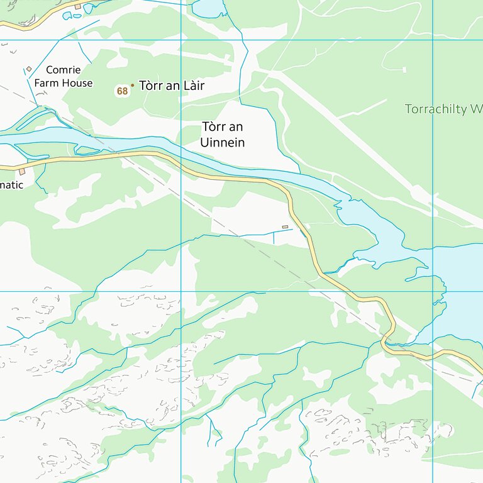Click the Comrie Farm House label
pyautogui.click(x=63, y=76)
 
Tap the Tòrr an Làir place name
pyautogui.click(x=172, y=86)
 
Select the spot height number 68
pyautogui.click(x=122, y=91)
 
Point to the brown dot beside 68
pyautogui.click(x=132, y=85)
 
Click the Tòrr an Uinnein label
pyautogui.click(x=222, y=135)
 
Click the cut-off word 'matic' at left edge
pyautogui.click(x=11, y=185)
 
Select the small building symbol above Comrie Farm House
pyautogui.click(x=29, y=69)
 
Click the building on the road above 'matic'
pyautogui.click(x=22, y=171)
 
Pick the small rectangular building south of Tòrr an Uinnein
pyautogui.click(x=285, y=226)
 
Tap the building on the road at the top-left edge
pyautogui.click(x=77, y=7)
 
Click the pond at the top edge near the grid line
pyautogui.click(x=208, y=8)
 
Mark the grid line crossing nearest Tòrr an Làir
pyautogui.click(x=181, y=40)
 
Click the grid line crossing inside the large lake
pyautogui.click(x=433, y=291)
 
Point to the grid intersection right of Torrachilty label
pyautogui.click(x=433, y=40)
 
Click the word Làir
pyautogui.click(x=191, y=86)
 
